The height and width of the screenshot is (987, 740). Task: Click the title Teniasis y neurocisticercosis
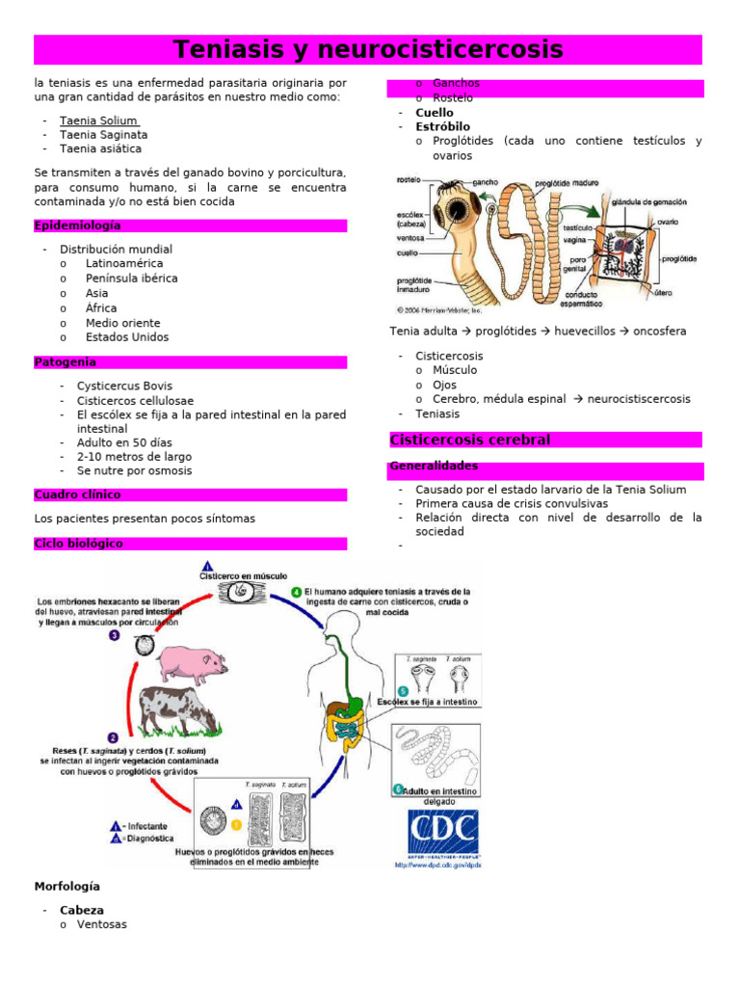pyautogui.click(x=368, y=49)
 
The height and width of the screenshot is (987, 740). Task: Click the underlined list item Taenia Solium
pyautogui.click(x=98, y=120)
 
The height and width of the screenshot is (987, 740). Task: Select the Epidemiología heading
pyautogui.click(x=78, y=226)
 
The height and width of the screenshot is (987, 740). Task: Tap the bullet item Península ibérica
pyautogui.click(x=131, y=279)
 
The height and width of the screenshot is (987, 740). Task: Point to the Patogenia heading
pyautogui.click(x=66, y=362)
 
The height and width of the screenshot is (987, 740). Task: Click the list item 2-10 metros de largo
pyautogui.click(x=134, y=457)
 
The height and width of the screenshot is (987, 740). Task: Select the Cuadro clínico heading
pyautogui.click(x=78, y=494)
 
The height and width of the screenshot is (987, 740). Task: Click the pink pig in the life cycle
pyautogui.click(x=190, y=661)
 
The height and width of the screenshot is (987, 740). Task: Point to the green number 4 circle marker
pyautogui.click(x=297, y=591)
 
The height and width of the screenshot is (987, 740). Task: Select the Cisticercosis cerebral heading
pyautogui.click(x=470, y=440)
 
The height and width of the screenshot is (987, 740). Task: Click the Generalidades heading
pyautogui.click(x=434, y=467)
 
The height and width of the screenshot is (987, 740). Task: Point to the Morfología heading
pyautogui.click(x=66, y=886)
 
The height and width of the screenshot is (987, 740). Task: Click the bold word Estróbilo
pyautogui.click(x=442, y=126)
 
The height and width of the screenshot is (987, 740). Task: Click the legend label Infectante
pyautogui.click(x=145, y=826)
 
